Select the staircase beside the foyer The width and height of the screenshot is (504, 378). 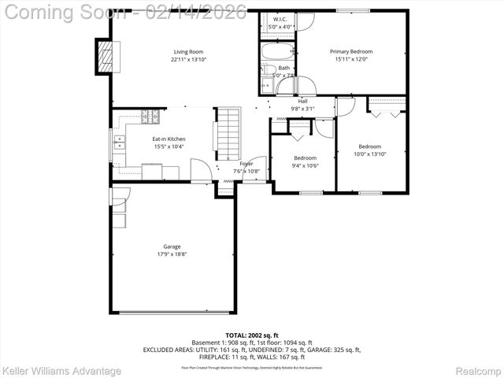[x=227, y=135]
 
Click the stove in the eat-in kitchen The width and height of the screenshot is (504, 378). [x=150, y=117]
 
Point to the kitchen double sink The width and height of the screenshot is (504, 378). [x=120, y=143]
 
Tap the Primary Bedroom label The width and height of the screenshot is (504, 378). [x=350, y=52]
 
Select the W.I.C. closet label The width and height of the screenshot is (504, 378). [x=280, y=18]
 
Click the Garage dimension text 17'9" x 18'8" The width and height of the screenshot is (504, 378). [x=172, y=254]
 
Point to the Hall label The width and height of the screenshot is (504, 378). [x=302, y=101]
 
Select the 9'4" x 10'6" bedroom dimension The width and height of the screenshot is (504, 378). [x=305, y=165]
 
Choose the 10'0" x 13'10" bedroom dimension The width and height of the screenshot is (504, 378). [x=369, y=154]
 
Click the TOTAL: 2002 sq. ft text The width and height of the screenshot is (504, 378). [x=251, y=335]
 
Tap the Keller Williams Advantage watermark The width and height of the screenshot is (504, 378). [x=61, y=370]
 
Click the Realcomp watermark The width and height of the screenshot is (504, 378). [x=479, y=370]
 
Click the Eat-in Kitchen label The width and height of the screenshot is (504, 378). [x=169, y=139]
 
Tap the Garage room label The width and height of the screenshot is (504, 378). [x=172, y=246]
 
